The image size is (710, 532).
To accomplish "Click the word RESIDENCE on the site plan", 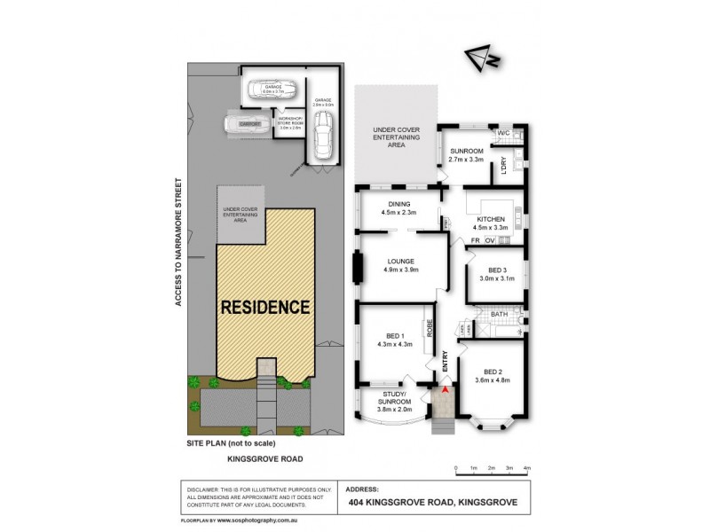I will point(265,309).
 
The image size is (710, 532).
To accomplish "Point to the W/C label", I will point(503,134).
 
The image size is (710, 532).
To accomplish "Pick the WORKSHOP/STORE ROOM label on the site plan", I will point(290,123).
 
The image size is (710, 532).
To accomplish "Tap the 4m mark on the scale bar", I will point(527,466).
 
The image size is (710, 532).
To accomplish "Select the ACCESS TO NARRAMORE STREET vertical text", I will point(177,242).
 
